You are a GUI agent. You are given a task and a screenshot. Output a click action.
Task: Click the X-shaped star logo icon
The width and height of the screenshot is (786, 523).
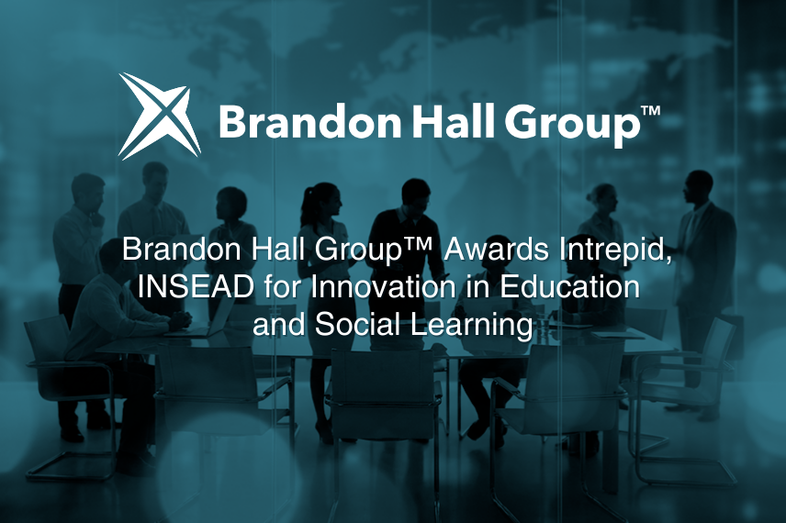tap(160, 117)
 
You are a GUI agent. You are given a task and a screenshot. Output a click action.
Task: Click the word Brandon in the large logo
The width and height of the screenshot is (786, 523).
tap(309, 122)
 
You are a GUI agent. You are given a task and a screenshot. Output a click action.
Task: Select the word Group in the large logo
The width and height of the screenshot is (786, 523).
tap(571, 125)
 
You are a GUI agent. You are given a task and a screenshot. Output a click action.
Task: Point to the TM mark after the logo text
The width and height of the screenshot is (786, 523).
tap(651, 111)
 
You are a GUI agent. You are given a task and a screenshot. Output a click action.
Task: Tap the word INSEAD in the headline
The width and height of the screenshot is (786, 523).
tap(196, 287)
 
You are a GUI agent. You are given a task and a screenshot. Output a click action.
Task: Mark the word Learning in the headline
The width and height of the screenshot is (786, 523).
tap(472, 326)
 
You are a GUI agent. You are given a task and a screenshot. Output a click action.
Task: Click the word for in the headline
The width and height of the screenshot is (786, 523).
tap(282, 287)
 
